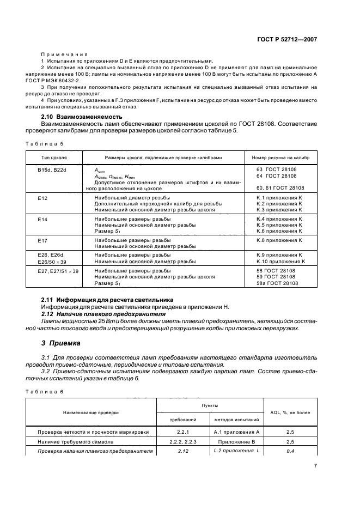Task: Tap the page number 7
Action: pos(315,466)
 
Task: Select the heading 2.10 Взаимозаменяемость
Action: pos(82,117)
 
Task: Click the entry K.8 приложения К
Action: pos(279,240)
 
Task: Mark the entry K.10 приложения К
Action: pos(280,262)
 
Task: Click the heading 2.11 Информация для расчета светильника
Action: pos(107,300)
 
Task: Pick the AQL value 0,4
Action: pos(290,451)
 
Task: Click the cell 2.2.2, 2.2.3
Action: pos(183,441)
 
